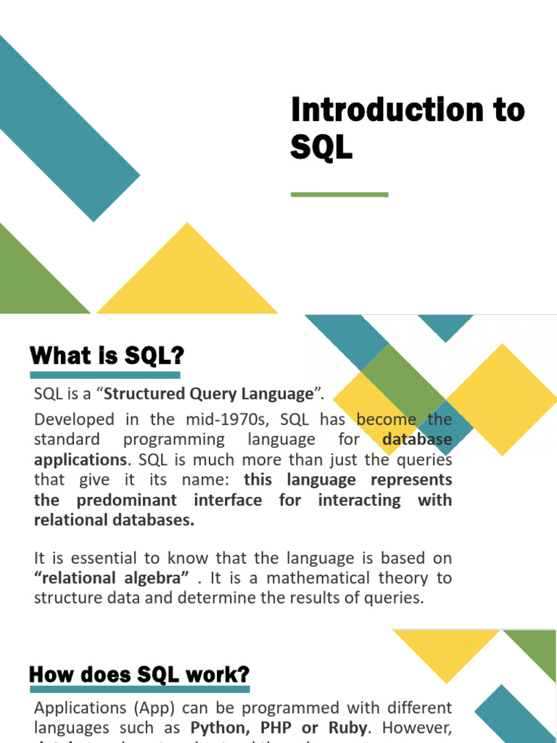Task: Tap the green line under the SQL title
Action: pyautogui.click(x=339, y=194)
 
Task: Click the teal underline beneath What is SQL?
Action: pyautogui.click(x=105, y=375)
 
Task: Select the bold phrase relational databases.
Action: pyautogui.click(x=115, y=520)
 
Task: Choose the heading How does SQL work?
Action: pyautogui.click(x=139, y=674)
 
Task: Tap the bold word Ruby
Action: pyautogui.click(x=347, y=727)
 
